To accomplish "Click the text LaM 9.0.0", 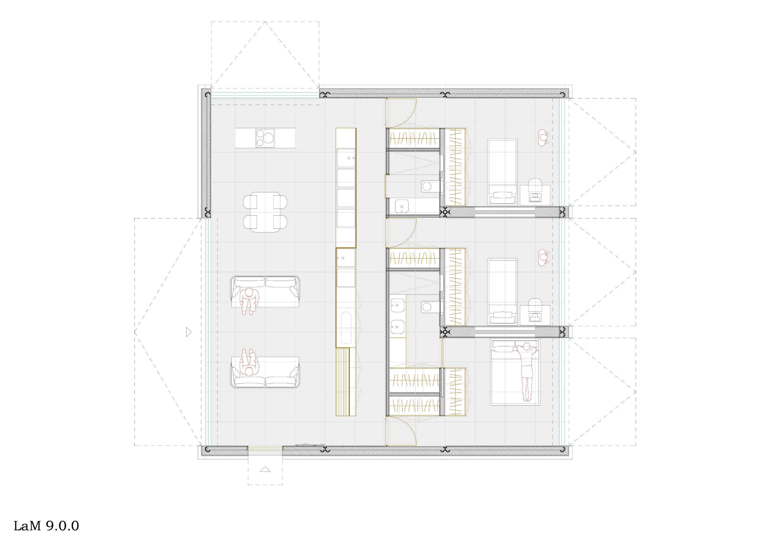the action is point(47,526).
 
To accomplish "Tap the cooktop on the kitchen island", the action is point(265,138).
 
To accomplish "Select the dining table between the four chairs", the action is point(265,212).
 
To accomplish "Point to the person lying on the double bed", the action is point(526,371).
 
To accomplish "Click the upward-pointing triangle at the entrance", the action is point(265,469).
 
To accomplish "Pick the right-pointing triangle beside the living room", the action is point(189,332).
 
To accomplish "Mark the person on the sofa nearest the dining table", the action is point(249,300).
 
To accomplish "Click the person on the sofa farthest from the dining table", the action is point(249,363).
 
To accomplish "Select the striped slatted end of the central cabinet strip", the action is point(346,381).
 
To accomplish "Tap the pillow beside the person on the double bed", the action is point(501,348).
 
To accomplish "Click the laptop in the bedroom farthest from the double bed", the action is point(535,197).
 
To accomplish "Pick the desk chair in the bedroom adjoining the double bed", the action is point(535,305).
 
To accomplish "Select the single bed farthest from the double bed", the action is point(502,172).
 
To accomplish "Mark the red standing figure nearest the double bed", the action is point(543,257).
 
